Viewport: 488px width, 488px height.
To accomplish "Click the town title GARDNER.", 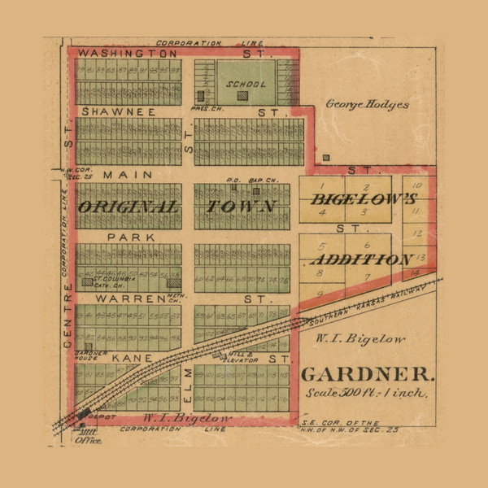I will [368, 375].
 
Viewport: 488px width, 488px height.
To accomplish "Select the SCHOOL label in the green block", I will [241, 84].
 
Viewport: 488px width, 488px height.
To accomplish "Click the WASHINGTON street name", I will [121, 52].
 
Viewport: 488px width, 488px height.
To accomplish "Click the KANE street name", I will [127, 358].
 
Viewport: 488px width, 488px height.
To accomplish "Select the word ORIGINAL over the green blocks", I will [128, 207].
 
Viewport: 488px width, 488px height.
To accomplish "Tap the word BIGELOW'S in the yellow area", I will [364, 199].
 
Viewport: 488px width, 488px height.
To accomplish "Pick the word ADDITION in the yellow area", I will [360, 259].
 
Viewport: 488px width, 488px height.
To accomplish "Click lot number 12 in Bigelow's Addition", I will [417, 233].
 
